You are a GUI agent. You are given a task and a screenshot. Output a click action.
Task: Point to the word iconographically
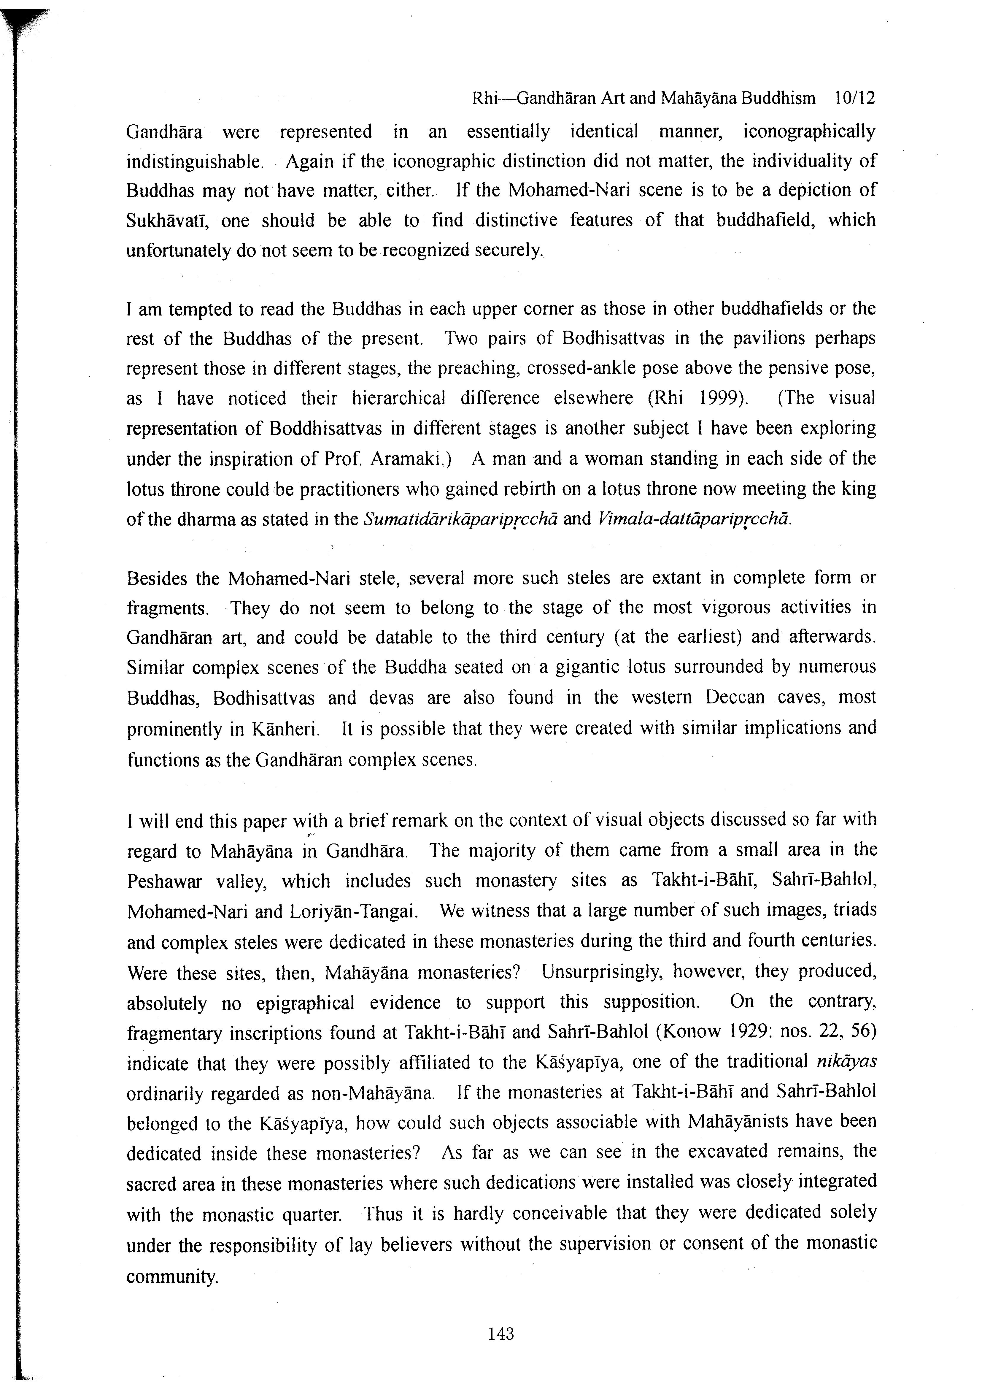[809, 131]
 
